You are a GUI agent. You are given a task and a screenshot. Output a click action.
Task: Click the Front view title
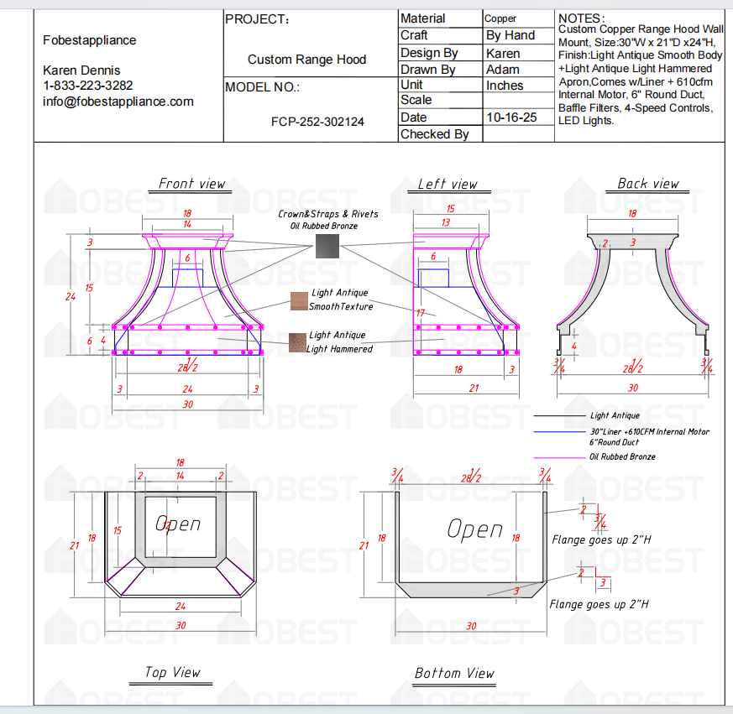coord(192,184)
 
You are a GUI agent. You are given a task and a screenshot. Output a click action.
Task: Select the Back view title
coord(648,184)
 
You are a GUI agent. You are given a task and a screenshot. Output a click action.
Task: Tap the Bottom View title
coord(454,673)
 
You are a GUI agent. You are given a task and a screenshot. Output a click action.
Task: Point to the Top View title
coord(172,672)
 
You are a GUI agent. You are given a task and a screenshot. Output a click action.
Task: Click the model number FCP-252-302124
coord(317,122)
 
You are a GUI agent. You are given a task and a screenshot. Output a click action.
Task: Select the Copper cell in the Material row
coord(501,18)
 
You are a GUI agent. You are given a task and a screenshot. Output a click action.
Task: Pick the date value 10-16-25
coord(511,117)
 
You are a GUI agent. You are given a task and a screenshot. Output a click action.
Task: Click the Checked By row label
coord(435,134)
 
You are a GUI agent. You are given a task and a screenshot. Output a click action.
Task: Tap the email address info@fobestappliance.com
coord(118,102)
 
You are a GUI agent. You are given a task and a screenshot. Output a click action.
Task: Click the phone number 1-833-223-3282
coord(88,86)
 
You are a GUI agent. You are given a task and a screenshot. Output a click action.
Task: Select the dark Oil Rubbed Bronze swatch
coord(327,246)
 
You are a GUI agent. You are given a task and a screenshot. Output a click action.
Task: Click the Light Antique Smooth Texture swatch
coord(299,300)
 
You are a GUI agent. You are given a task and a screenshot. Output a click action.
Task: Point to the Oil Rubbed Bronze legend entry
coord(622,456)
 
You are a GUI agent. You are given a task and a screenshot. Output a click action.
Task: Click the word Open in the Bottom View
coord(475,529)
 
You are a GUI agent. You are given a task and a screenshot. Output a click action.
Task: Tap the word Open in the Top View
coord(178,524)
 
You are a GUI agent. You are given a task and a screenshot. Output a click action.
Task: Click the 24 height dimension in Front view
coord(71,296)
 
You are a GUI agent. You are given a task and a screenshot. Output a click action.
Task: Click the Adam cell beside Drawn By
coord(503,70)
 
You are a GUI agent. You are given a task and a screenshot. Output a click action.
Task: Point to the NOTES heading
coord(580,18)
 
